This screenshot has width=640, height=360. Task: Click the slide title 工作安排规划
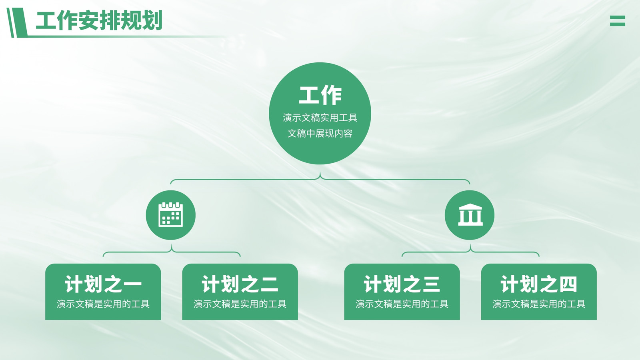[99, 20]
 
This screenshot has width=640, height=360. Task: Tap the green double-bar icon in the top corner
[618, 21]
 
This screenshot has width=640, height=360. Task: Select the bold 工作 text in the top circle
[320, 96]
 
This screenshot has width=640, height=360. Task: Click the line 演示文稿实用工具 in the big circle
[320, 118]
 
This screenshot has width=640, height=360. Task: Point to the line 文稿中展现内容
[320, 134]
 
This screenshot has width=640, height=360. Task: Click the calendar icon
[170, 214]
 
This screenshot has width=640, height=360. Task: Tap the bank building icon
[470, 214]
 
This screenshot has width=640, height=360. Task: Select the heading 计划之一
[103, 284]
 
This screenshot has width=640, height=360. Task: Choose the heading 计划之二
[240, 284]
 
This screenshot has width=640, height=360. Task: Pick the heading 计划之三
[402, 284]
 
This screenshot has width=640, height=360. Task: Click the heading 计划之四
[539, 284]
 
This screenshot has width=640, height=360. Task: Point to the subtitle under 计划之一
[103, 304]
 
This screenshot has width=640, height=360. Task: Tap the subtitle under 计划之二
[240, 304]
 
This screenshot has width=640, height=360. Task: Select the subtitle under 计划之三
[402, 304]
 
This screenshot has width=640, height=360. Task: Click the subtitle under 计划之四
[539, 304]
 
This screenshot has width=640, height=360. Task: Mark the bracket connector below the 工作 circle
[320, 179]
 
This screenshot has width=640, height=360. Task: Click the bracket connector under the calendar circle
[172, 252]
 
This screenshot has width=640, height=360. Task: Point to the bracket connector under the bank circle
[470, 252]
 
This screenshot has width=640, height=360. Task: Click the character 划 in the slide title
[152, 20]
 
